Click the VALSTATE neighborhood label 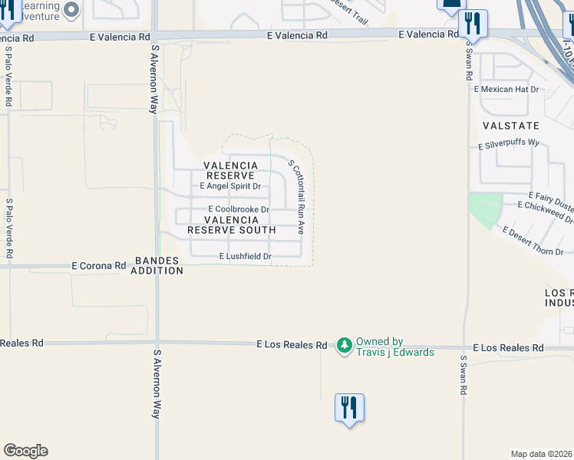tap(510, 125)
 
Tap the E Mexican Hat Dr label tap(506, 90)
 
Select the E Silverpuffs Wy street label tap(509, 144)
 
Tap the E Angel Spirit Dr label tap(230, 186)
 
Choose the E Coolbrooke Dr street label tap(239, 209)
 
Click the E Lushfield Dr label tap(246, 257)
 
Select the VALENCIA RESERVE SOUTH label tap(231, 225)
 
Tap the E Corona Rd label tap(98, 266)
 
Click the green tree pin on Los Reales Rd tap(345, 346)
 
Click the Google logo tap(25, 451)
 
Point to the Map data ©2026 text tap(542, 454)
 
